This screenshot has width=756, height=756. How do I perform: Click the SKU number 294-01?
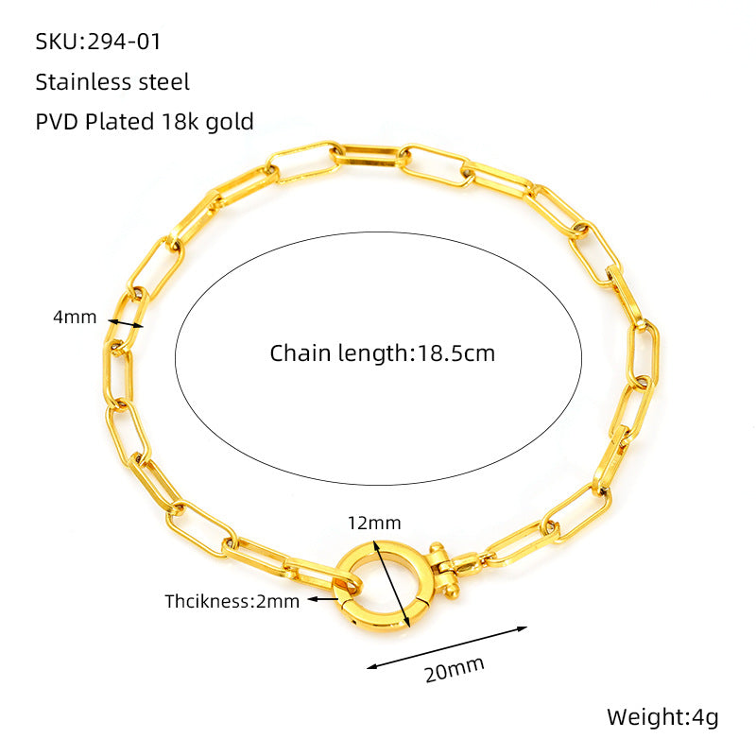click(124, 42)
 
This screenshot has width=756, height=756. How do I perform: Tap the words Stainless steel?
click(112, 82)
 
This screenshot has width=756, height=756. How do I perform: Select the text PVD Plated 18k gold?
click(145, 122)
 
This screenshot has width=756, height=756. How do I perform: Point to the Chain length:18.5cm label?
click(383, 353)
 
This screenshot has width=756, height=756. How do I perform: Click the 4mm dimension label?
click(75, 318)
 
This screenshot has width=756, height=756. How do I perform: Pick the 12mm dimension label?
click(374, 524)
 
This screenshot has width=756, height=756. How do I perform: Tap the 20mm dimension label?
click(455, 669)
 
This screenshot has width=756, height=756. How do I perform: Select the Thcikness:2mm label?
click(232, 602)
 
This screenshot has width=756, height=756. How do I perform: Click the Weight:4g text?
click(663, 717)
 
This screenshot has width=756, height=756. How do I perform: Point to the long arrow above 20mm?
click(447, 647)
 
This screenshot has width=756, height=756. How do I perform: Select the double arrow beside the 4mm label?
click(126, 323)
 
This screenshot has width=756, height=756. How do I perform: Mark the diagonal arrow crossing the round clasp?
click(391, 584)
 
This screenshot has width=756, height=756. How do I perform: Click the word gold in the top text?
click(230, 123)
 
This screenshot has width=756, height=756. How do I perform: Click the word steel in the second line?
click(163, 82)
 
